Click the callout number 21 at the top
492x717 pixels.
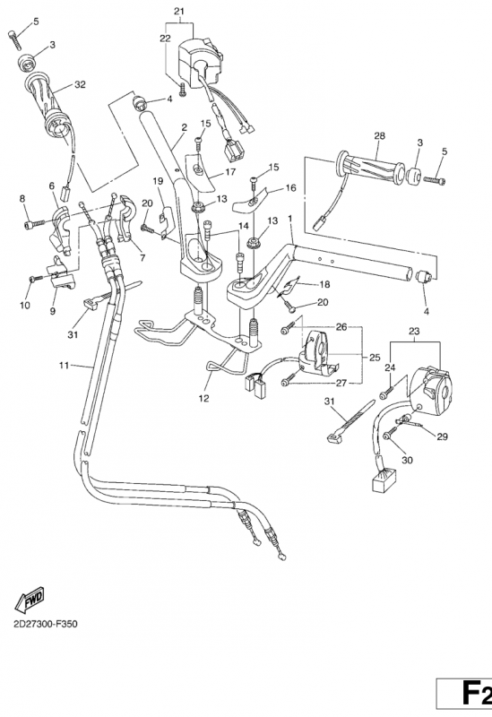(177, 10)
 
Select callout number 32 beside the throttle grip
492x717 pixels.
(81, 85)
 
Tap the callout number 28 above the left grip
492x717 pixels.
(379, 135)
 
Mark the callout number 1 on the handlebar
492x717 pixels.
(289, 220)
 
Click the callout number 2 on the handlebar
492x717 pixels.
(183, 128)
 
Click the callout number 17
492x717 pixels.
(230, 172)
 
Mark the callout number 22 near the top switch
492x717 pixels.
(165, 38)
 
